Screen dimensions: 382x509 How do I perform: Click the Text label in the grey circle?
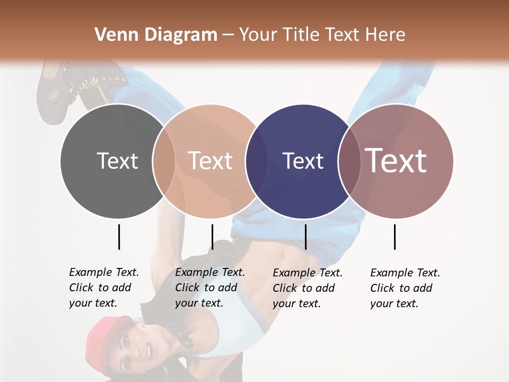point(117,161)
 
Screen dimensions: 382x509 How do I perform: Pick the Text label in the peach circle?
point(210,161)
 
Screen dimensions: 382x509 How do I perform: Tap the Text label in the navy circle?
point(303,161)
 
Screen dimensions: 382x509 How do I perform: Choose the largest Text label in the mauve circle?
point(396,161)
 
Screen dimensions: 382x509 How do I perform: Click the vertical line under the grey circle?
point(119,237)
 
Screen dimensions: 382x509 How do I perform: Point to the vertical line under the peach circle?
point(212,237)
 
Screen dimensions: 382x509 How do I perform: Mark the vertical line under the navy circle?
point(305,237)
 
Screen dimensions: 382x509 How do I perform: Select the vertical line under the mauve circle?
point(394,237)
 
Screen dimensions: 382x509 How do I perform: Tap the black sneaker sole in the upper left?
point(50,98)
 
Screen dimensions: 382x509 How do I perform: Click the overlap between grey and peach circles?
point(164,161)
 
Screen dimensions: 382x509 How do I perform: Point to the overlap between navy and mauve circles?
point(349,161)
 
